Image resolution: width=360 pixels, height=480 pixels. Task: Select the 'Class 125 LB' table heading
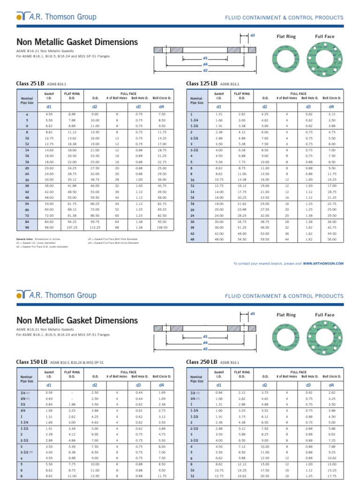point(202,83)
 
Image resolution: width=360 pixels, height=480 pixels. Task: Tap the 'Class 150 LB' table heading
point(32,362)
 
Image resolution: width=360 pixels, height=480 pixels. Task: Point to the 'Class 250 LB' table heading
point(202,362)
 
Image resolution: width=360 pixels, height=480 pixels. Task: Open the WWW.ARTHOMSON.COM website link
point(323,263)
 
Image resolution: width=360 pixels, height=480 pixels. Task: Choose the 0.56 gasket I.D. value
point(49,392)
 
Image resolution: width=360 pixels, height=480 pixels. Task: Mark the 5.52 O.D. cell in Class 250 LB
point(265,411)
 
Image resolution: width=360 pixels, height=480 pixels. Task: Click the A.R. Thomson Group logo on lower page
point(57,295)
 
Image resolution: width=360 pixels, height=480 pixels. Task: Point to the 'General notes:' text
point(25,239)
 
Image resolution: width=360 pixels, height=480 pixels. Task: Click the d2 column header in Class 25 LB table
point(95,107)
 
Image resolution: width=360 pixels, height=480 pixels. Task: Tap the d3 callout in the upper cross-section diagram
point(252,35)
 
